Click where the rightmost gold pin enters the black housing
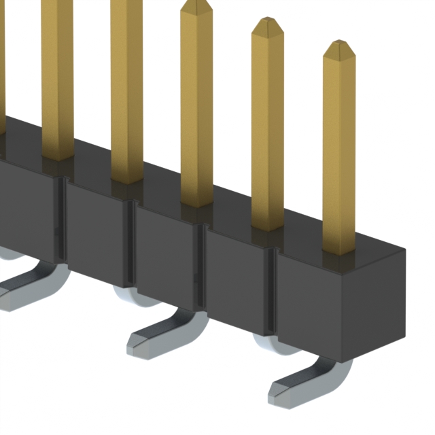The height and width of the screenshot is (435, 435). point(338,250)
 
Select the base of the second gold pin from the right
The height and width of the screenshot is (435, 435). point(267,226)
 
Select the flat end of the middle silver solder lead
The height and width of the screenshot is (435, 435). point(143,343)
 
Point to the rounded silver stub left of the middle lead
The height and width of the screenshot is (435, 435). point(133,296)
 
